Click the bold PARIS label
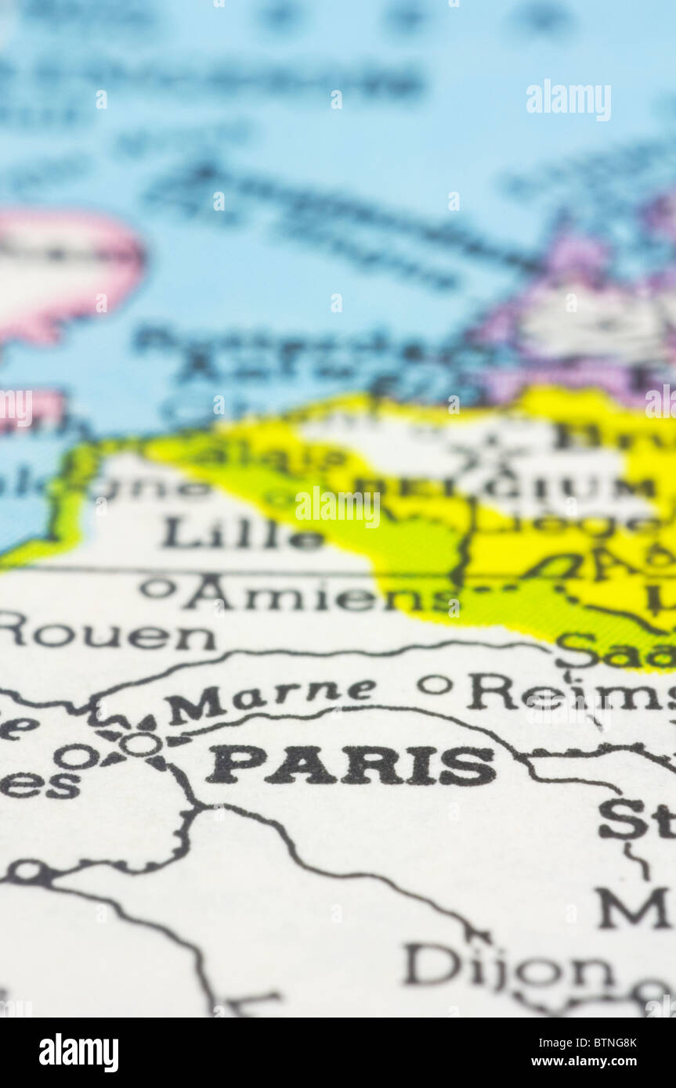[350, 766]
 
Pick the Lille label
[242, 535]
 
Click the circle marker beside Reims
[435, 685]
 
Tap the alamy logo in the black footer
[78, 1053]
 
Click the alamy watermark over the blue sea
[568, 99]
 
